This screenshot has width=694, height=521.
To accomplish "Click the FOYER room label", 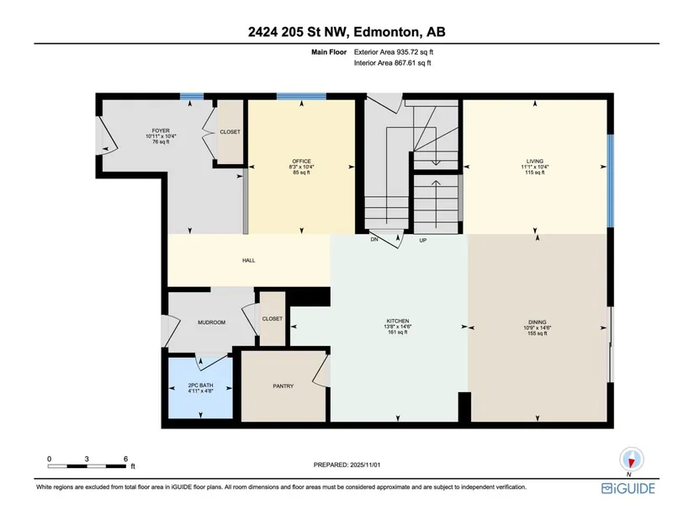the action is pyautogui.click(x=161, y=130).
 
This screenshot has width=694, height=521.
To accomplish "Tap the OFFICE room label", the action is pyautogui.click(x=301, y=162).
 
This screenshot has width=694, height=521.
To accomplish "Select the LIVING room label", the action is pyautogui.click(x=535, y=162).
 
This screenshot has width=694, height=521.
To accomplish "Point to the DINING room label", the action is pyautogui.click(x=537, y=322).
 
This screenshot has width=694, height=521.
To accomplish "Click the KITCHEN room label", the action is pyautogui.click(x=397, y=321).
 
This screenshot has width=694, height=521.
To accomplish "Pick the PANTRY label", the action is pyautogui.click(x=283, y=386).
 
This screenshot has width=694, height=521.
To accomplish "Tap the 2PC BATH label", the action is pyautogui.click(x=200, y=385).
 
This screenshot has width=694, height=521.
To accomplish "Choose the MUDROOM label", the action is pyautogui.click(x=211, y=322).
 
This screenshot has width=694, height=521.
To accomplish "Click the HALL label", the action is pyautogui.click(x=248, y=261).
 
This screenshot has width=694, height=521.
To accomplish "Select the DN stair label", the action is pyautogui.click(x=374, y=239).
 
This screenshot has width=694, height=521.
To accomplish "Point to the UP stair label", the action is pyautogui.click(x=422, y=240).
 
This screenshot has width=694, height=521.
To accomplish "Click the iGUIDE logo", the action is pyautogui.click(x=628, y=488).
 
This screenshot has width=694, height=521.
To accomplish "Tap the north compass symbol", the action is pyautogui.click(x=631, y=460).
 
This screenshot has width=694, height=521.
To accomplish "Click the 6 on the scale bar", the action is pyautogui.click(x=125, y=459).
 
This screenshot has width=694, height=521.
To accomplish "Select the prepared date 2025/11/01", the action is pyautogui.click(x=365, y=465).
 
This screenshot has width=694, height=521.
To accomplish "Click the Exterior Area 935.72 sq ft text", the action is pyautogui.click(x=394, y=52).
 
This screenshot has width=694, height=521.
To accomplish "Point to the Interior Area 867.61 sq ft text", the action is pyautogui.click(x=392, y=63).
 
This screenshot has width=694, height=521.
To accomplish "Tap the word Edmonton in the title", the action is pyautogui.click(x=386, y=32).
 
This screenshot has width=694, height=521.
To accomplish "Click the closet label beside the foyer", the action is pyautogui.click(x=230, y=132).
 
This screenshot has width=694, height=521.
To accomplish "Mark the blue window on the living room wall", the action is pyautogui.click(x=611, y=181).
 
